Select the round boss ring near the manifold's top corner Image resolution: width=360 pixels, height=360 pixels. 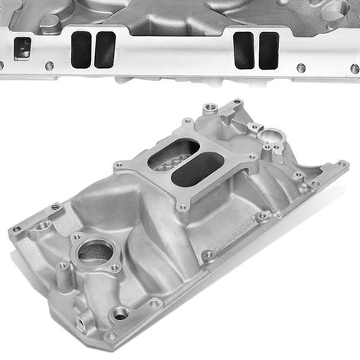(272, 139)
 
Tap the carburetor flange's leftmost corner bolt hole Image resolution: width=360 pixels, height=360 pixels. (118, 165)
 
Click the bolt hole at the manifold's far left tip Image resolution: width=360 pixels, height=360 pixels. (17, 229)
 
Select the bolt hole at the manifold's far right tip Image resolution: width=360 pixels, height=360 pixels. (342, 163)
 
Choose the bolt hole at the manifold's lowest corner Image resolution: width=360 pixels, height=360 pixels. (112, 335)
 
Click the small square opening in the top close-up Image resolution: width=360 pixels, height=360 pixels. (22, 48)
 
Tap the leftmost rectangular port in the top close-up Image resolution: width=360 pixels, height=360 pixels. (80, 49)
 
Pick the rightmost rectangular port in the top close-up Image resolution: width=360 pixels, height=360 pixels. (268, 50)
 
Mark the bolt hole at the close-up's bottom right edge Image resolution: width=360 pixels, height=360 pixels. (355, 69)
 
